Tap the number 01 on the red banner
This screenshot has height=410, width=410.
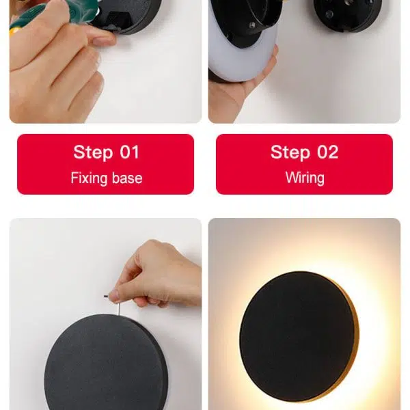click(128, 152)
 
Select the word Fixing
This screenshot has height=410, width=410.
click(89, 178)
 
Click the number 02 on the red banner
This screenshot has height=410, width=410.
click(327, 152)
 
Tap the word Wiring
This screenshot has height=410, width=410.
click(305, 178)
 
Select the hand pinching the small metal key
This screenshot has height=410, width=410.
click(154, 273)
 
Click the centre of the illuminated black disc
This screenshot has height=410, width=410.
click(297, 335)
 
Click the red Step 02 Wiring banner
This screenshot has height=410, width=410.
click(304, 164)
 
